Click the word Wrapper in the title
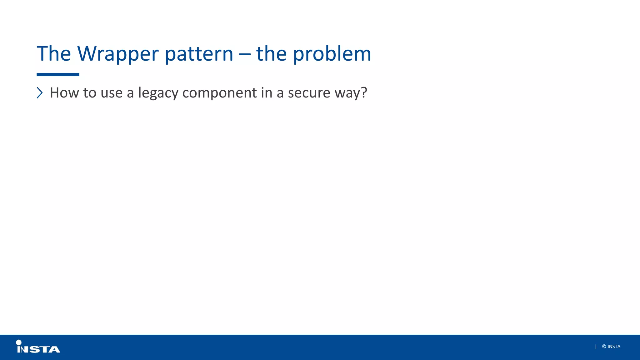pos(118,54)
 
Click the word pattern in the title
pos(199,54)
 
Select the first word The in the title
pos(54,54)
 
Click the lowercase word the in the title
pos(271,54)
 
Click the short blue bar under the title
pos(58,75)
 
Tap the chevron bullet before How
pos(40,93)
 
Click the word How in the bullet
pos(64,93)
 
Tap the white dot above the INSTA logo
pos(19,342)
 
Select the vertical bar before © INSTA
pos(596,347)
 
